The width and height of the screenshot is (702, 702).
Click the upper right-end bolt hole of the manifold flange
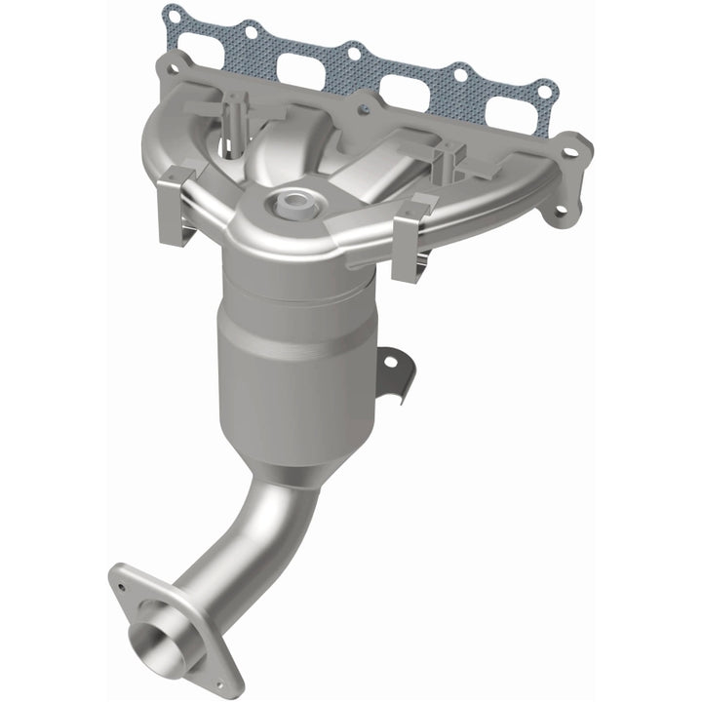click(x=581, y=147)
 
